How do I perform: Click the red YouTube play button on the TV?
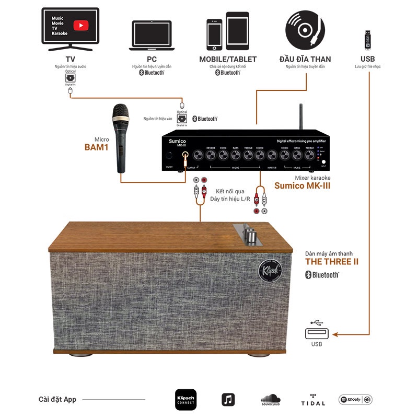[x=80, y=25]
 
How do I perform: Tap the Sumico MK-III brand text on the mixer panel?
[x=177, y=143]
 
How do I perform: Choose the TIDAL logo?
[x=312, y=400]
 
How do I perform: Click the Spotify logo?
[x=355, y=400]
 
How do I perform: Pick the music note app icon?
[x=228, y=400]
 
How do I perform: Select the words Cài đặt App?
[x=57, y=400]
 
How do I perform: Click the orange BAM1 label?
[x=97, y=147]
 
